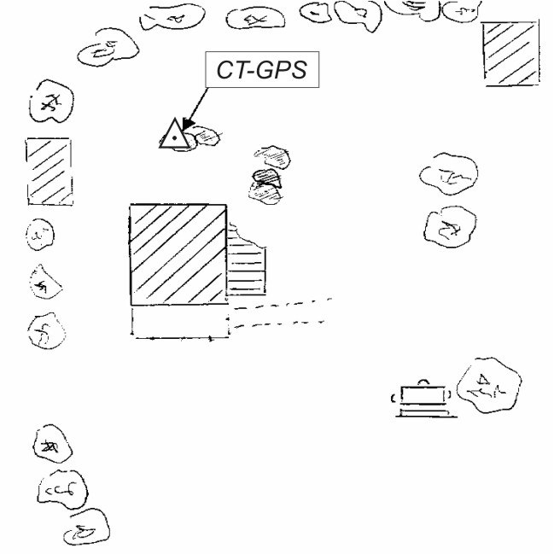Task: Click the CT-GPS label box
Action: pyautogui.click(x=262, y=70)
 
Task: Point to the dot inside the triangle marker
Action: pyautogui.click(x=174, y=137)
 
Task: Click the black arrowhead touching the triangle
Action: pyautogui.click(x=188, y=124)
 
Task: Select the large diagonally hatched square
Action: pyautogui.click(x=178, y=254)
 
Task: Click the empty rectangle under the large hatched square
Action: pyautogui.click(x=181, y=321)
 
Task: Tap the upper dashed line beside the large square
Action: pyautogui.click(x=283, y=304)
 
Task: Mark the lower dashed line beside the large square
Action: pyautogui.click(x=279, y=324)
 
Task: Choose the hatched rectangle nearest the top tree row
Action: pyautogui.click(x=511, y=54)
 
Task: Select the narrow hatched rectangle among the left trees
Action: pyautogui.click(x=50, y=172)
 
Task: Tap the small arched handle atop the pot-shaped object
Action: pyautogui.click(x=423, y=381)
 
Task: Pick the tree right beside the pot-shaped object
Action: pyautogui.click(x=489, y=385)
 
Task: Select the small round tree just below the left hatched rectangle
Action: pyautogui.click(x=40, y=235)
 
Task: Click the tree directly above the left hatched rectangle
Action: pyautogui.click(x=51, y=102)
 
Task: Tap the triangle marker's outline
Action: pyautogui.click(x=167, y=133)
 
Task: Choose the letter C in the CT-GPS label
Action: pyautogui.click(x=225, y=70)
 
